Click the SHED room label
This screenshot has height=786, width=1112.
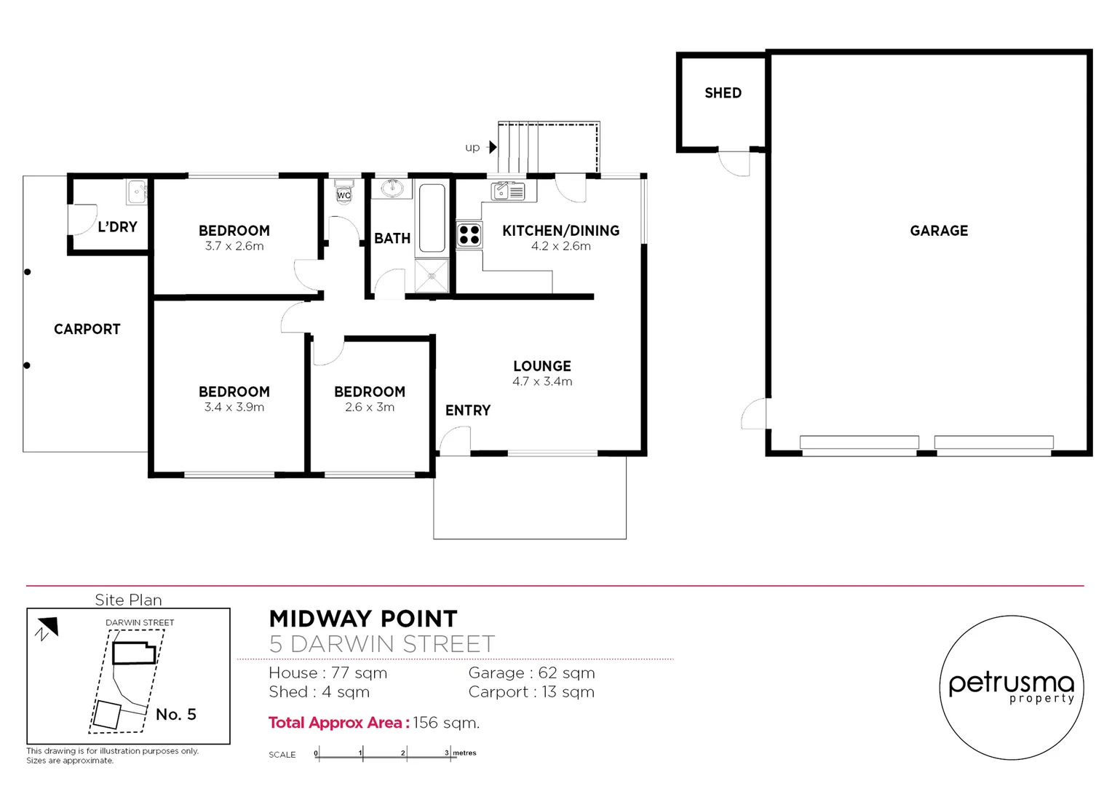(x=723, y=93)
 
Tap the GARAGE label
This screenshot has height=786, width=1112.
(x=939, y=231)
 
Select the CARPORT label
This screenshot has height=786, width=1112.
(x=87, y=329)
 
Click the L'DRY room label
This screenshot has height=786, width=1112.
(x=117, y=227)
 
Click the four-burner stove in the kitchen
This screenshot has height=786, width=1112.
(x=469, y=235)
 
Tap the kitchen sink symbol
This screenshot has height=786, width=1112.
(x=508, y=191)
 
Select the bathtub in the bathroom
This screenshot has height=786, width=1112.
(x=432, y=218)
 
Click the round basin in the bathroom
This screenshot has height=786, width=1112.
(x=392, y=188)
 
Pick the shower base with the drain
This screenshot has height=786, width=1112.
(x=432, y=276)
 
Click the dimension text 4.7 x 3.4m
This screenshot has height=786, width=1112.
(x=542, y=381)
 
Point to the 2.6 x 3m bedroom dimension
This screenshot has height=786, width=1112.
(x=370, y=408)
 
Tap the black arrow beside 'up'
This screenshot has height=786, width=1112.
(x=493, y=148)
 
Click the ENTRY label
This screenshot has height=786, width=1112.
(x=468, y=410)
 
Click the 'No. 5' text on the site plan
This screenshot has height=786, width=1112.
(x=176, y=715)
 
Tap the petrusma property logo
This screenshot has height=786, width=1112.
(x=1011, y=688)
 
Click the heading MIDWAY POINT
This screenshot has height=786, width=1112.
(x=363, y=619)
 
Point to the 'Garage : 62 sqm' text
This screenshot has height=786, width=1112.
(x=531, y=673)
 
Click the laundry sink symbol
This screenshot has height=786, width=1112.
(x=137, y=192)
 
